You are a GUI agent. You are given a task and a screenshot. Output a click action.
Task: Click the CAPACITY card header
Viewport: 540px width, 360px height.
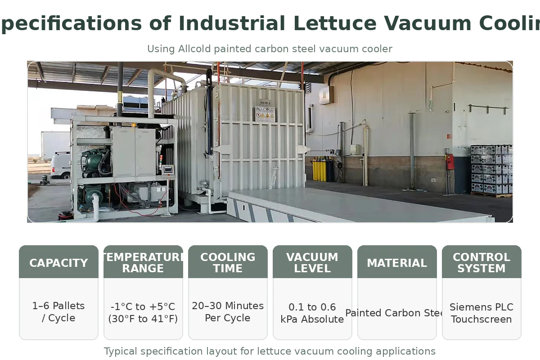pos(58,263)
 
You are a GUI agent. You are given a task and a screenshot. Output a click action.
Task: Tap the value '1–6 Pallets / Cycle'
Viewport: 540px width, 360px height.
pos(58,312)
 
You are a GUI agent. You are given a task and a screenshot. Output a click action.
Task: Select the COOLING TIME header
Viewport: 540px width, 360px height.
pos(228,263)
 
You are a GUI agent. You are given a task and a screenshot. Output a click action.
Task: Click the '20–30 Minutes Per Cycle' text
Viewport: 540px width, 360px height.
pos(228,312)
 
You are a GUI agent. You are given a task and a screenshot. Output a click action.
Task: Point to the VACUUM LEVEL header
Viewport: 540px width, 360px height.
pos(312,263)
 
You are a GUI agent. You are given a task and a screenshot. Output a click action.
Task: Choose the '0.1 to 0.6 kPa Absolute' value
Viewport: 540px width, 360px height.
pos(312,313)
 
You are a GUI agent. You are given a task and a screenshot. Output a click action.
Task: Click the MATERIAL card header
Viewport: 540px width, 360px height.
pos(397,263)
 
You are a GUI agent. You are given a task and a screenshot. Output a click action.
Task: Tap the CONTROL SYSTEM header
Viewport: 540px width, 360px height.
pos(481,263)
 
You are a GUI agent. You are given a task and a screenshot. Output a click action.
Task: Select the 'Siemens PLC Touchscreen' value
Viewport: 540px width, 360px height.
pos(481,313)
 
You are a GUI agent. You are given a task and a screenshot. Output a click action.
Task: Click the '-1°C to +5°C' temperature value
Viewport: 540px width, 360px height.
pos(143,307)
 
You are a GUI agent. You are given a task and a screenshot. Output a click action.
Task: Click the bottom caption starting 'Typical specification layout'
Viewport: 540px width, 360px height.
pos(270,351)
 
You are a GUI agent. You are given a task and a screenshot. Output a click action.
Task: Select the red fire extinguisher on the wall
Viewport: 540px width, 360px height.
pos(450,162)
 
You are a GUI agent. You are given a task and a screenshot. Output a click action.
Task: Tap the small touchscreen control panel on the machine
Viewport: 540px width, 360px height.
pos(168,169)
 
